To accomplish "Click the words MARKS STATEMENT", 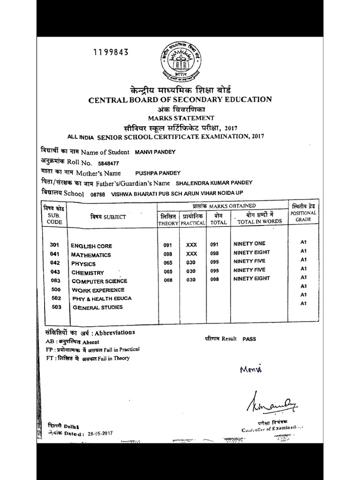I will [181, 118].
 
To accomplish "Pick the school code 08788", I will [97, 194].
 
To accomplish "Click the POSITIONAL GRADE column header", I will [303, 216].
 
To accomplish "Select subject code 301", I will [54, 245].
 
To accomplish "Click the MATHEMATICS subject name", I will [91, 255].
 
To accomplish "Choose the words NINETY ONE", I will [249, 244].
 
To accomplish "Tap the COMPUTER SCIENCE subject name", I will [99, 281].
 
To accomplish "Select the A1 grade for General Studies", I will [303, 303].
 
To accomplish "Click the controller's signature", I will [270, 400].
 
